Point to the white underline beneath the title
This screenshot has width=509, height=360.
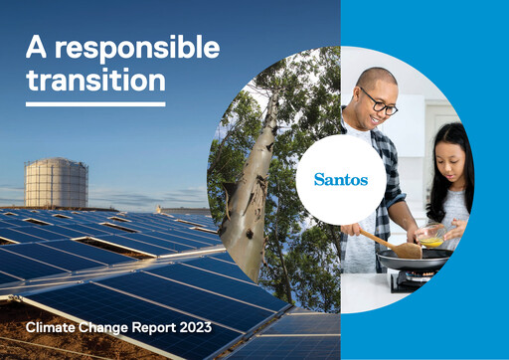click(x=95, y=103)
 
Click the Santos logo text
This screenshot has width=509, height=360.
click(x=341, y=180)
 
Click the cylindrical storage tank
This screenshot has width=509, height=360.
click(x=56, y=183)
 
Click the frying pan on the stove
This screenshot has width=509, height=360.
click(x=413, y=262)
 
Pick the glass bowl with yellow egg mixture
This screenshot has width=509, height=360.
click(x=430, y=239)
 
